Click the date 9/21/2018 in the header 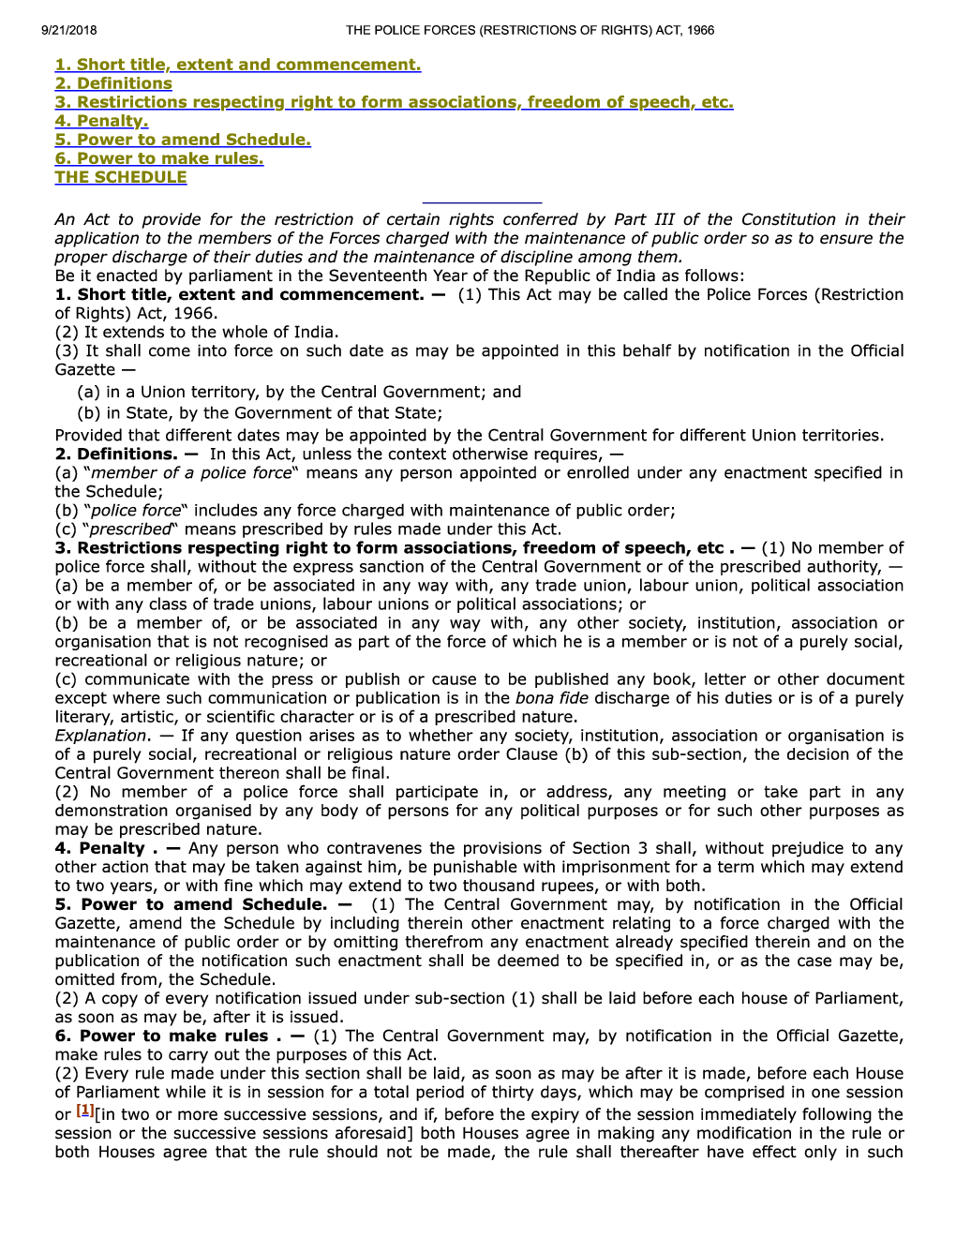[68, 30]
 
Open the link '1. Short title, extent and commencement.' [238, 65]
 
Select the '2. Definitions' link [113, 83]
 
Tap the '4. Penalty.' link [101, 121]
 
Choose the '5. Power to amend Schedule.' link [183, 140]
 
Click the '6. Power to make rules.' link [159, 158]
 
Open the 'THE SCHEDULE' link [121, 177]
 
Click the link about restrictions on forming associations [394, 102]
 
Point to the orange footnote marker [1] [84, 1110]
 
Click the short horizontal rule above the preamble [482, 202]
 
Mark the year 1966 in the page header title [699, 30]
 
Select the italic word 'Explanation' [101, 736]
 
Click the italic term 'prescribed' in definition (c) [131, 529]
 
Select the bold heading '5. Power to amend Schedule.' [190, 904]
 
